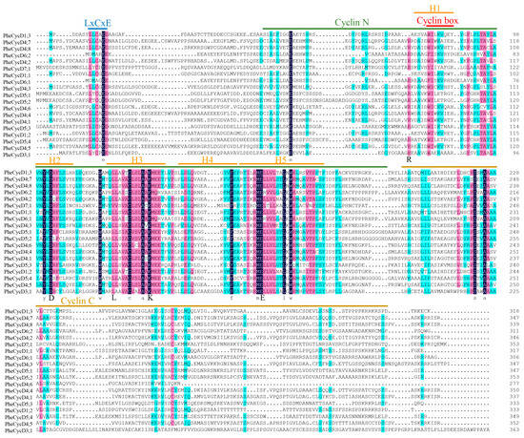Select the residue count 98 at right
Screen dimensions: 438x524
coord(515,31)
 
